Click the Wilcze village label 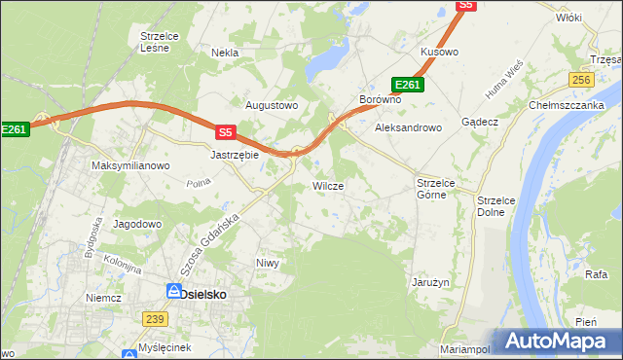[327, 185]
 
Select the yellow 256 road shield [581, 80]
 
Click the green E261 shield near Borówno [408, 85]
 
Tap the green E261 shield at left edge [14, 128]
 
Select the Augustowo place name [271, 105]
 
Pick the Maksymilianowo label [130, 165]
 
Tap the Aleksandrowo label [409, 127]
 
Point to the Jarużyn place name [429, 282]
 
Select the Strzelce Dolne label [496, 205]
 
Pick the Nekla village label [224, 53]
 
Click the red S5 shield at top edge [466, 5]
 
